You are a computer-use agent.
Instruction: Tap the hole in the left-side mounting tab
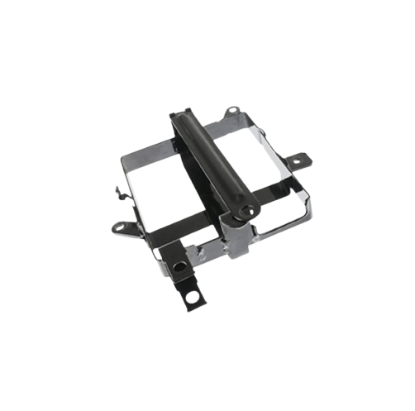tap(121, 225)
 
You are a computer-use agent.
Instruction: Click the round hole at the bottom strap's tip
tap(196, 296)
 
